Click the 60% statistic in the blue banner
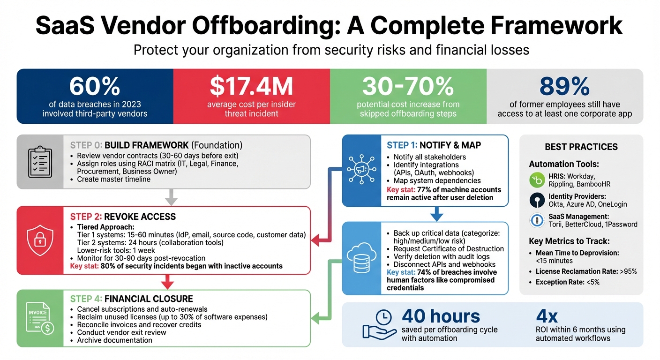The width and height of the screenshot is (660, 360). point(95,86)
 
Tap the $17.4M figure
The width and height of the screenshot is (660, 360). point(251,86)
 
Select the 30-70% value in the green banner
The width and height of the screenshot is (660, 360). point(408,86)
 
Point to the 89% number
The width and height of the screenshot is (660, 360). point(564,86)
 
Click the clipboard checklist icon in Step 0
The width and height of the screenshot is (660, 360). point(40,161)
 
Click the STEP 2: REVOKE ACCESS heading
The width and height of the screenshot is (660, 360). point(123,217)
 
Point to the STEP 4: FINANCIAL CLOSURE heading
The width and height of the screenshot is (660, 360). point(131,299)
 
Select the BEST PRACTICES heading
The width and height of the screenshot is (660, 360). point(581,147)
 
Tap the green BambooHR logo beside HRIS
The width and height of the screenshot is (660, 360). point(537,180)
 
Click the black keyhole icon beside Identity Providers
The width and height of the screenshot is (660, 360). point(537,200)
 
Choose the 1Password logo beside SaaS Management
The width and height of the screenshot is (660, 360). point(537,220)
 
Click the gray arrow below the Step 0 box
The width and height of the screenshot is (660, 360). point(172,197)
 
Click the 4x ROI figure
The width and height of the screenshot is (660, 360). point(547,316)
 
